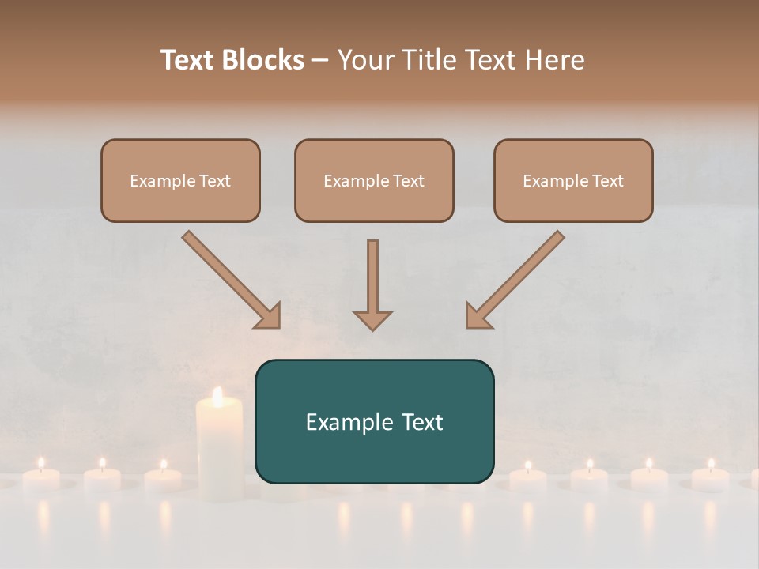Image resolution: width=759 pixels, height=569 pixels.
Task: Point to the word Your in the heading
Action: point(364,60)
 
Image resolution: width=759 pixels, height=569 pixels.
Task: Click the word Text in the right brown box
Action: point(607,181)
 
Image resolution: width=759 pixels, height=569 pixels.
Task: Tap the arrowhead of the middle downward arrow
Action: point(372,319)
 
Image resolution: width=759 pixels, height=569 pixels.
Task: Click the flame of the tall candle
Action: point(218,396)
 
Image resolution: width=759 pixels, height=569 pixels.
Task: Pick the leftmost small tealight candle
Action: point(41,477)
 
